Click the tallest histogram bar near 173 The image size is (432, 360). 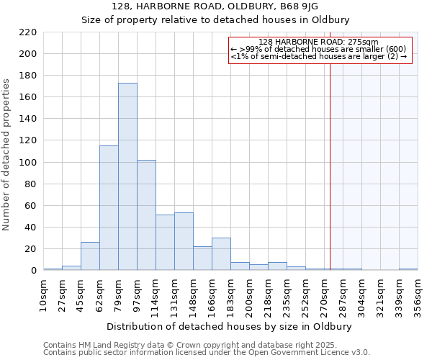127,176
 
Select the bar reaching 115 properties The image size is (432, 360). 109,208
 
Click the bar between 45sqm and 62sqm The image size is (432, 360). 90,256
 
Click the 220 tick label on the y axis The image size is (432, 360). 28,32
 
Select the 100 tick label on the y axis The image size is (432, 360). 28,163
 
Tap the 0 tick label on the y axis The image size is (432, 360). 33,271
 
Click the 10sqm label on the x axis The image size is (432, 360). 44,292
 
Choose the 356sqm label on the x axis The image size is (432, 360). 418,292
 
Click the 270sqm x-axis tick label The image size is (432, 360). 325,292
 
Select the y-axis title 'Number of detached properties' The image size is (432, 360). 7,155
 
